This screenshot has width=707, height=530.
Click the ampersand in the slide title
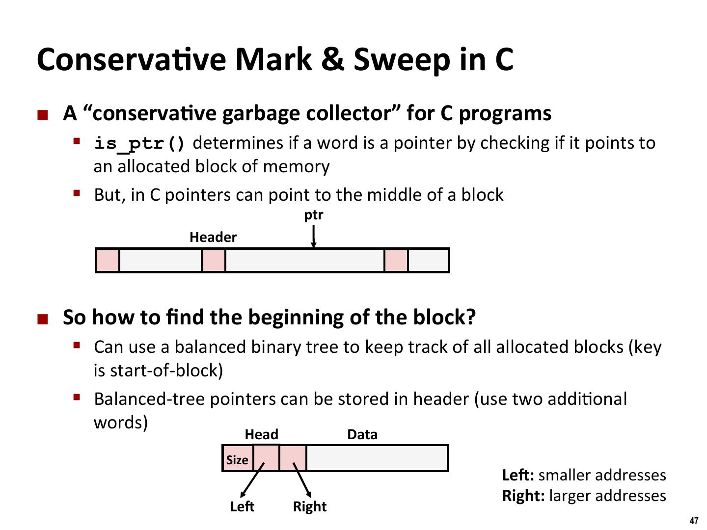pos(332,59)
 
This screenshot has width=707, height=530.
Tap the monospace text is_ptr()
pos(140,144)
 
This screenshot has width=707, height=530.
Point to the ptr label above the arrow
pos(314,215)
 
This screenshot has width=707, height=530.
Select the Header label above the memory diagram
pos(213,238)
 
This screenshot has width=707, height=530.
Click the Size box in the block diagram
pos(237,459)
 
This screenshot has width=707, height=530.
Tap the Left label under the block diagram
pos(242,506)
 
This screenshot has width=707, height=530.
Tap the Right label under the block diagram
pos(309,506)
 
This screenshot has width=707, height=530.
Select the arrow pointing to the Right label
pos(302,480)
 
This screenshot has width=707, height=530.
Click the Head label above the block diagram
pos(261,435)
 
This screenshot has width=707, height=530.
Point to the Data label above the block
pos(362,435)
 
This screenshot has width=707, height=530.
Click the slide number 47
pos(694,521)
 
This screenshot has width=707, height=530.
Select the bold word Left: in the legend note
pos(517,475)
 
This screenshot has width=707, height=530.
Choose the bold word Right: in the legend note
pos(523,496)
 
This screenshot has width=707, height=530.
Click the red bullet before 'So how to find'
pos(43,320)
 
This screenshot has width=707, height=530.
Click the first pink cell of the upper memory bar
pos(107,260)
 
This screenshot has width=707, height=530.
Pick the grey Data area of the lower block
pos(377,458)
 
